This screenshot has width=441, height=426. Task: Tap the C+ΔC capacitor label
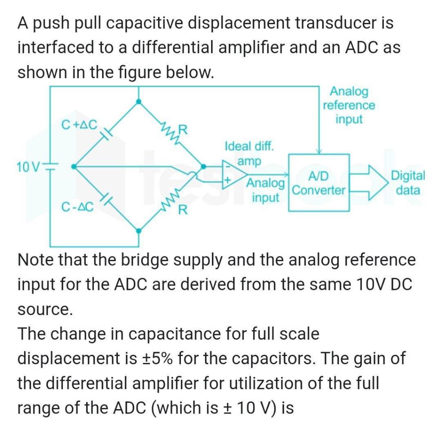[x=79, y=125]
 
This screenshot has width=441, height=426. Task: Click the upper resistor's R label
[x=183, y=129]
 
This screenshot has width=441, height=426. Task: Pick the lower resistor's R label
[x=183, y=210]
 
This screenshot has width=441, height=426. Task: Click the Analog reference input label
[x=349, y=105]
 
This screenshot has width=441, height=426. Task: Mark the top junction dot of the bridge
[x=138, y=101]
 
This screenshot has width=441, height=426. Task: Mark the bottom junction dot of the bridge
[x=138, y=231]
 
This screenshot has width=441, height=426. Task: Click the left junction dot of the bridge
[x=74, y=166]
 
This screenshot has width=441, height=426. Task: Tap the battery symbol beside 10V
[x=51, y=167]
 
